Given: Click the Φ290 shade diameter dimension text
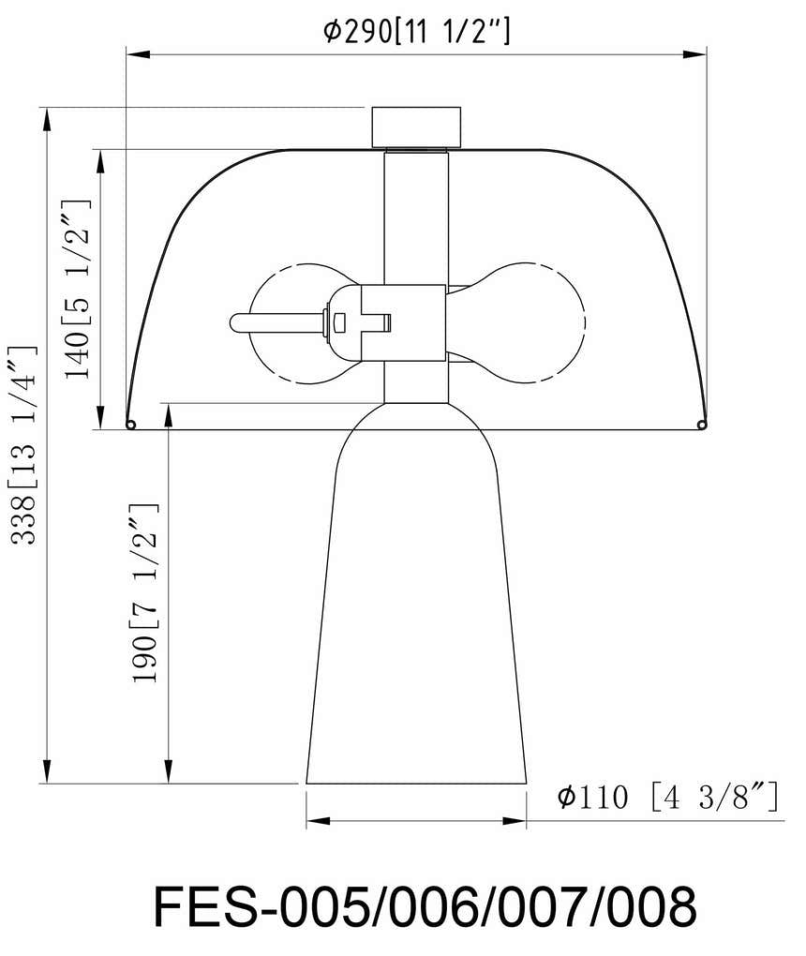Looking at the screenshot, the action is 416,31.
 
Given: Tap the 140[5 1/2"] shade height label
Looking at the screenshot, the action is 78,289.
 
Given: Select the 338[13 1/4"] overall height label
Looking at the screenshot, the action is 23,445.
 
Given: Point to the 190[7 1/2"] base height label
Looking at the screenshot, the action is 144,593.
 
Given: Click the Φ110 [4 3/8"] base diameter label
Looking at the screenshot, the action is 668,797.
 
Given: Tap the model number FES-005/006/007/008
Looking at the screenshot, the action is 425,906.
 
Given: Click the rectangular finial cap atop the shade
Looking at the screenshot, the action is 416,127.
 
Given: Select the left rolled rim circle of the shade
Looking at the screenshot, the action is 130,425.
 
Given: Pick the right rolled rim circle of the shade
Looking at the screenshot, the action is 702,425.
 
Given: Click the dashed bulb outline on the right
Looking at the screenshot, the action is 584,322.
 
